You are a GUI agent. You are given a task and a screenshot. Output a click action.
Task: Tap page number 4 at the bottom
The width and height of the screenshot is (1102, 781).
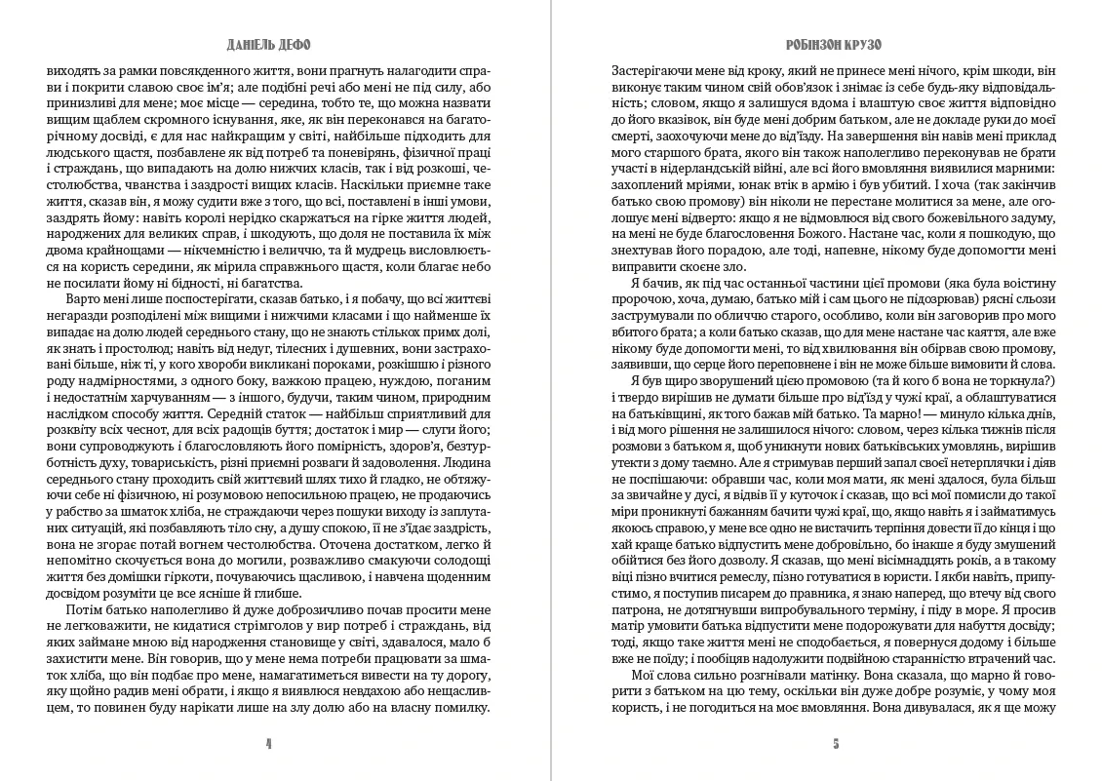268,743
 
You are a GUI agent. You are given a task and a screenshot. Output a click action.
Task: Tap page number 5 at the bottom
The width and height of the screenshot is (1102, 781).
836,743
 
